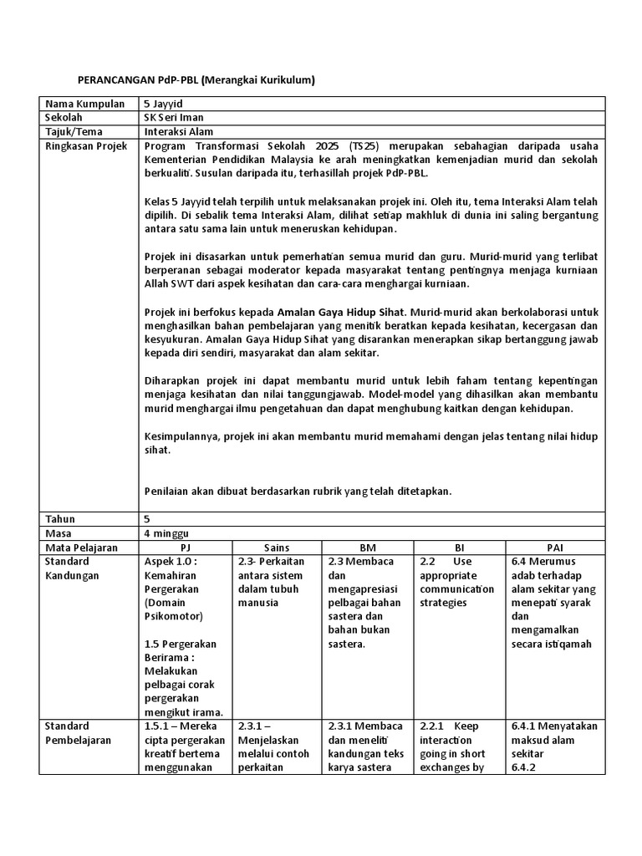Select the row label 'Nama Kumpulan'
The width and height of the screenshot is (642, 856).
coord(78,104)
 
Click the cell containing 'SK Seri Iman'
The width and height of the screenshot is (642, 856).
coord(173,118)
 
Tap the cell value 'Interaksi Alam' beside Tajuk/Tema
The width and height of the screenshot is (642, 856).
coord(178,131)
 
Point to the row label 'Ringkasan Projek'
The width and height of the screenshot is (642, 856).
coord(85,145)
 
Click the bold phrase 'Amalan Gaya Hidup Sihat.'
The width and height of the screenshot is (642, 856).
coord(349,312)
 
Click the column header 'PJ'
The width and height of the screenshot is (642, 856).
coord(186,547)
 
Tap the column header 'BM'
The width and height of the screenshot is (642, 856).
coord(368,547)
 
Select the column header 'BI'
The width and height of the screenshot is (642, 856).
coord(459,547)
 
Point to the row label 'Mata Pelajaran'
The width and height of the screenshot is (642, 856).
coord(81,547)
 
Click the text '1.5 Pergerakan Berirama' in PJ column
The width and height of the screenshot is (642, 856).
coord(180,650)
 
